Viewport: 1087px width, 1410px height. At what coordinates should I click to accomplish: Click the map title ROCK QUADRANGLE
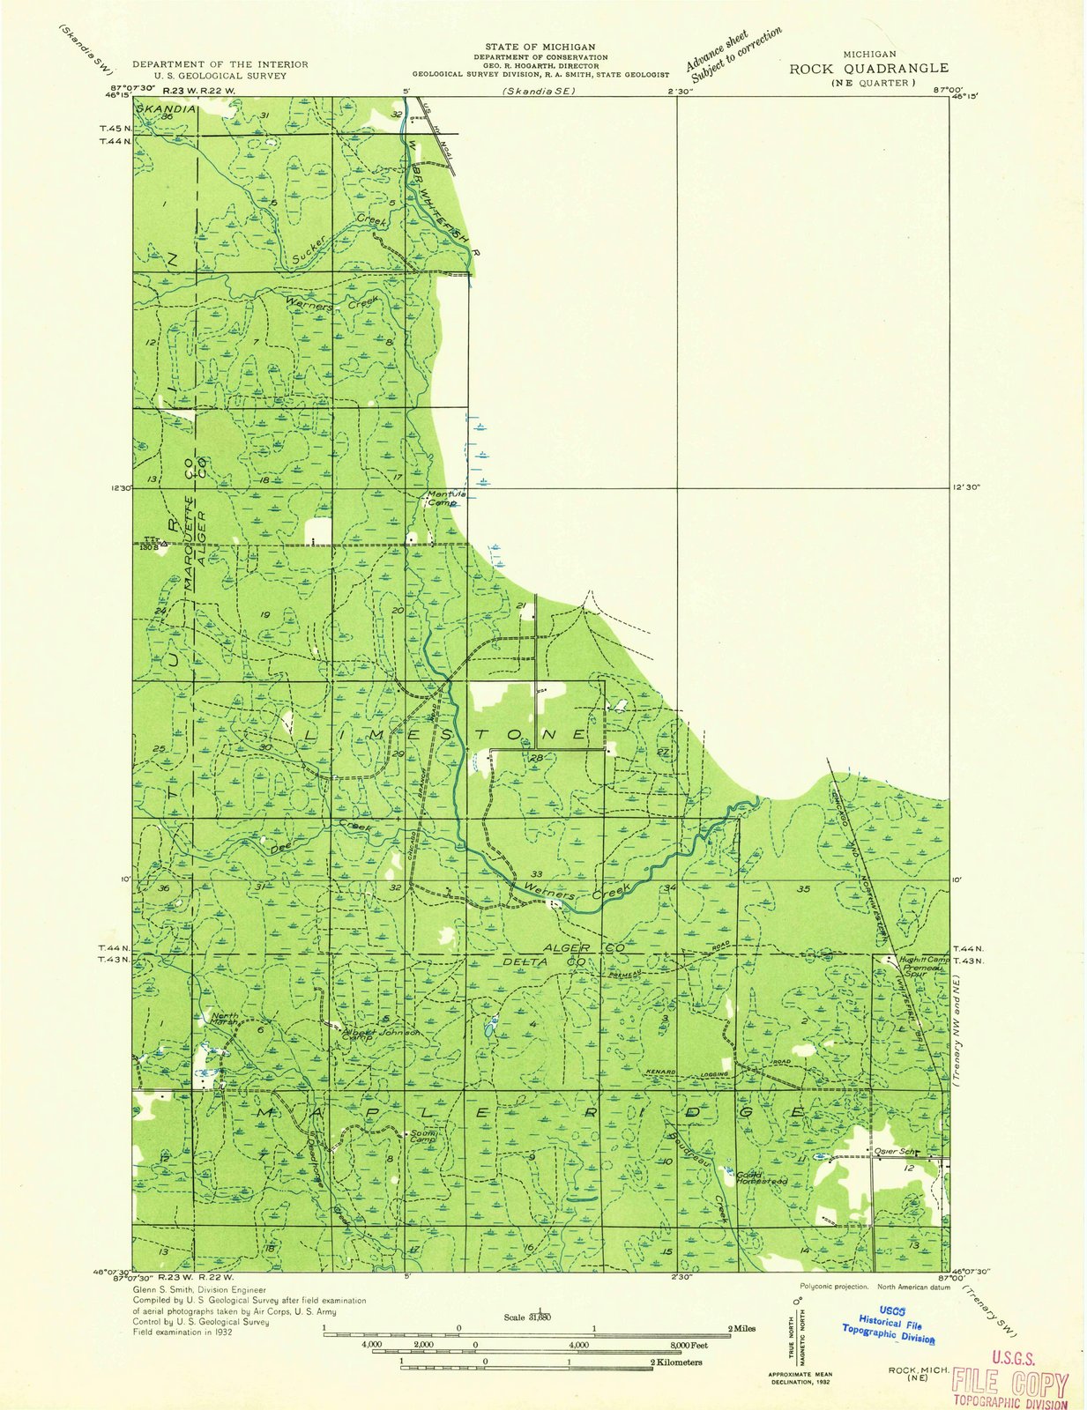tap(868, 68)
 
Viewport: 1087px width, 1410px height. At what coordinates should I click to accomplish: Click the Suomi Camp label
tap(421, 1137)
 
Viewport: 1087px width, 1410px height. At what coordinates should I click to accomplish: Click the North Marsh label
tap(225, 1019)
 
